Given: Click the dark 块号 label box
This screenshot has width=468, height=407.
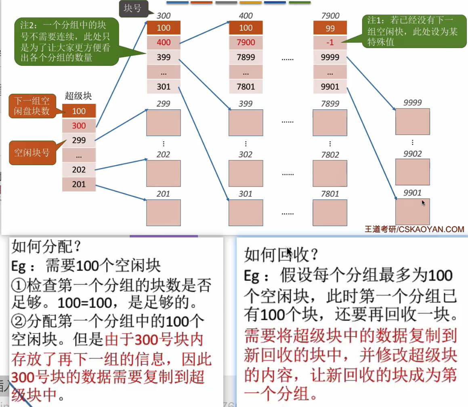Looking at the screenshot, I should [132, 8].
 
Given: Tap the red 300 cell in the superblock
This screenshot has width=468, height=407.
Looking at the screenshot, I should [79, 126].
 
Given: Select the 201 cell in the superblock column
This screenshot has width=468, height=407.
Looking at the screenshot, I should [79, 185].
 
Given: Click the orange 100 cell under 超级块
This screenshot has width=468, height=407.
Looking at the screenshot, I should [79, 111].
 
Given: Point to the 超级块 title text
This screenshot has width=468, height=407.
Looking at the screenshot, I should [78, 96].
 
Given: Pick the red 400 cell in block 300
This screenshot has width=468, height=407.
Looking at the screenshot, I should [164, 42].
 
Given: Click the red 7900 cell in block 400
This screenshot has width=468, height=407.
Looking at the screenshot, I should [246, 42].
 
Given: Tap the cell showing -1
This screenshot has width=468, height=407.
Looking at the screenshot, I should [330, 42].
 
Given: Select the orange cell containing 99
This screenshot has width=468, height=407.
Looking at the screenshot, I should [330, 28].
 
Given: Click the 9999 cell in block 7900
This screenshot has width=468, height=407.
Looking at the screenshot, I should [330, 57].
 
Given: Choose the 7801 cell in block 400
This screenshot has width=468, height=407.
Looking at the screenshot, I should [246, 86].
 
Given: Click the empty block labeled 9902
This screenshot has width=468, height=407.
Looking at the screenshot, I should [412, 172].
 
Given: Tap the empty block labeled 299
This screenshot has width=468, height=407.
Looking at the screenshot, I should [164, 122].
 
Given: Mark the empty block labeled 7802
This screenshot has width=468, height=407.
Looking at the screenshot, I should [330, 173].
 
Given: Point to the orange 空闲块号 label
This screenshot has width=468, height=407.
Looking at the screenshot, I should [32, 153].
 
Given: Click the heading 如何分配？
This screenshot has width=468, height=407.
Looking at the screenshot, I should [41, 246].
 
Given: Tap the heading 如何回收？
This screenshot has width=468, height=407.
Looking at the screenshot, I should [281, 254].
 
